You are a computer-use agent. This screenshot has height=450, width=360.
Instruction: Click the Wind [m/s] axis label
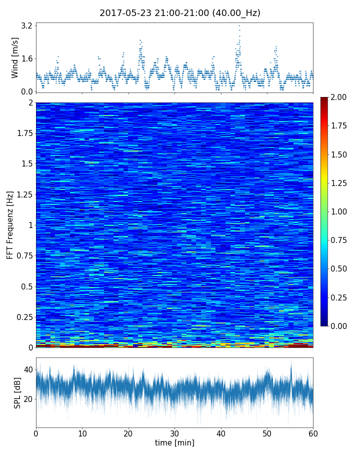click(x=15, y=57)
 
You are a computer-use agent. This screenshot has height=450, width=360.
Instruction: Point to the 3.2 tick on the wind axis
click(x=26, y=25)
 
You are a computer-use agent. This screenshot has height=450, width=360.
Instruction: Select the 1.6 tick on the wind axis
click(x=26, y=58)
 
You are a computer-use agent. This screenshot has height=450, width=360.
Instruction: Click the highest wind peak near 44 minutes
click(x=239, y=25)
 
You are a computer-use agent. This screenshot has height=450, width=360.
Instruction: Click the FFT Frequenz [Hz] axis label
click(x=10, y=224)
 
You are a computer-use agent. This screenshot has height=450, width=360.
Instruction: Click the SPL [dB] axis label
click(x=17, y=392)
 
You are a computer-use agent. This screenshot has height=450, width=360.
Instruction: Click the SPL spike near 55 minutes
click(x=291, y=363)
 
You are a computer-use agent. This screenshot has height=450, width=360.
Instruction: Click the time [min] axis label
click(x=174, y=443)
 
